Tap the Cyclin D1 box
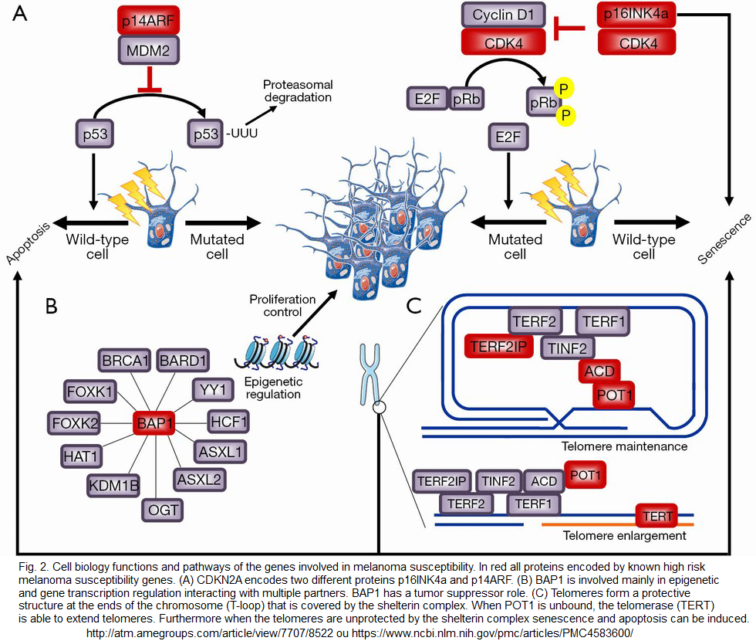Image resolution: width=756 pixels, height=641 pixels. pyautogui.click(x=503, y=15)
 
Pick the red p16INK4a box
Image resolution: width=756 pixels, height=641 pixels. pyautogui.click(x=637, y=15)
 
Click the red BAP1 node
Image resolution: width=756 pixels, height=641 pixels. pyautogui.click(x=154, y=422)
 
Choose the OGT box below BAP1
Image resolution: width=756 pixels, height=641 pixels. pyautogui.click(x=161, y=510)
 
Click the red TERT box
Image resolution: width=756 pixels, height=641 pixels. pyautogui.click(x=656, y=514)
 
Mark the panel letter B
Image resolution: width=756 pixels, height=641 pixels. pyautogui.click(x=52, y=307)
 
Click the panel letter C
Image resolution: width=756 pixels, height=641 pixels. pyautogui.click(x=413, y=307)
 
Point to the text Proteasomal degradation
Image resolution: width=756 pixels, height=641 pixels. pyautogui.click(x=297, y=91)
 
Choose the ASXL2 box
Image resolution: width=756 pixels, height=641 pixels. pyautogui.click(x=198, y=480)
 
